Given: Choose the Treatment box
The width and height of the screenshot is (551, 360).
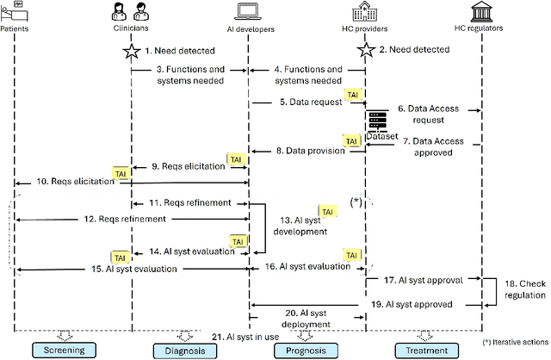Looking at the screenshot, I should coord(424,351).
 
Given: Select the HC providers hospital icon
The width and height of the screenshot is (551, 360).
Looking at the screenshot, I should coord(363,11).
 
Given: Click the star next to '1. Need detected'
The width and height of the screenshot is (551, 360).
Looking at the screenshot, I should coord(131,51).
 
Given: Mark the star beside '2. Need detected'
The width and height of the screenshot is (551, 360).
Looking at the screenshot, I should coord(364,50).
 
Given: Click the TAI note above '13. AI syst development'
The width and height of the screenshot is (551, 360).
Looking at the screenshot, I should coord(326,212).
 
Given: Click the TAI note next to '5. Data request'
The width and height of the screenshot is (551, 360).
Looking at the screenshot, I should coord(353,95).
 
